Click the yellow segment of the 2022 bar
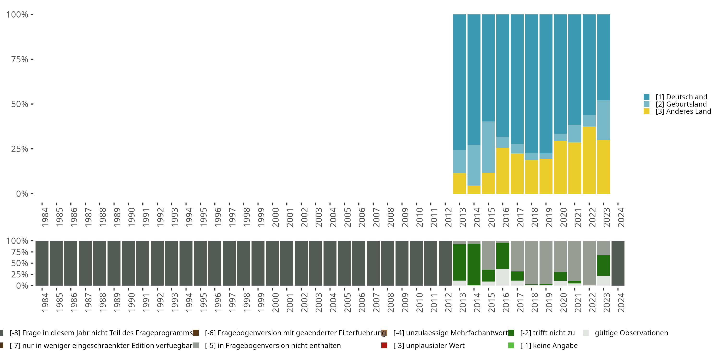(589, 160)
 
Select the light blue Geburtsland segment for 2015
(488, 147)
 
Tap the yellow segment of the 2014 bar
(474, 190)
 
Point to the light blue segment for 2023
(603, 120)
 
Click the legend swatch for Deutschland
(647, 97)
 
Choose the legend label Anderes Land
(683, 112)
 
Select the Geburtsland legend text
(681, 104)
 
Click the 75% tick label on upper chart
(20, 59)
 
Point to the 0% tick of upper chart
(22, 194)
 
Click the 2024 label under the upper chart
(621, 217)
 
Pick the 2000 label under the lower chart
(275, 302)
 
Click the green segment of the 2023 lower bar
(603, 265)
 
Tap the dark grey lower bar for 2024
(618, 263)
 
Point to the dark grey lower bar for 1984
(42, 263)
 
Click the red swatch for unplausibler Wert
(384, 345)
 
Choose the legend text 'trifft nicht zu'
(547, 333)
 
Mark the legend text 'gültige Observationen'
(631, 333)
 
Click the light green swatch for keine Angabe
(511, 345)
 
